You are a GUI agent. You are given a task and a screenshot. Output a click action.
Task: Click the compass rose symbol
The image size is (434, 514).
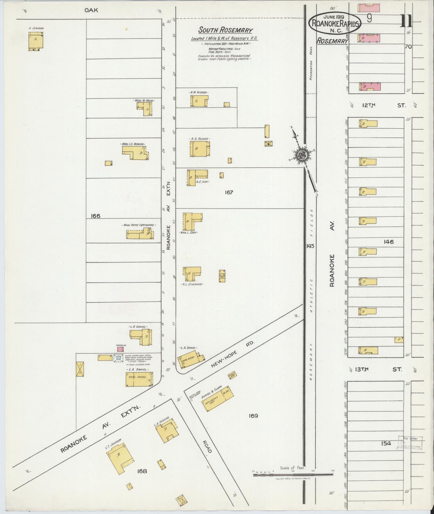(302, 155)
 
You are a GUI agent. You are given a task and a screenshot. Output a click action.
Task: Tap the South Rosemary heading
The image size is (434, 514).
(225, 30)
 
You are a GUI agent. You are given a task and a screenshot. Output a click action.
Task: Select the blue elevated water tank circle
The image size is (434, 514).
(118, 358)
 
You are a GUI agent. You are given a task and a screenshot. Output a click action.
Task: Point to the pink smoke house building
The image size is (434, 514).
(120, 349)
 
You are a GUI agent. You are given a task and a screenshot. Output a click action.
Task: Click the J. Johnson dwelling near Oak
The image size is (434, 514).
(36, 41)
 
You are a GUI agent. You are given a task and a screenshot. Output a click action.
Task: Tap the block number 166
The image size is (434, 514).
(96, 216)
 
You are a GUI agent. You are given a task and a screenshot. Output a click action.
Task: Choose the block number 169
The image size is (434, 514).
(253, 416)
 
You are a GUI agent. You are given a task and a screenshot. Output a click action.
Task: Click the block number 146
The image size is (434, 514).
(389, 242)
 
